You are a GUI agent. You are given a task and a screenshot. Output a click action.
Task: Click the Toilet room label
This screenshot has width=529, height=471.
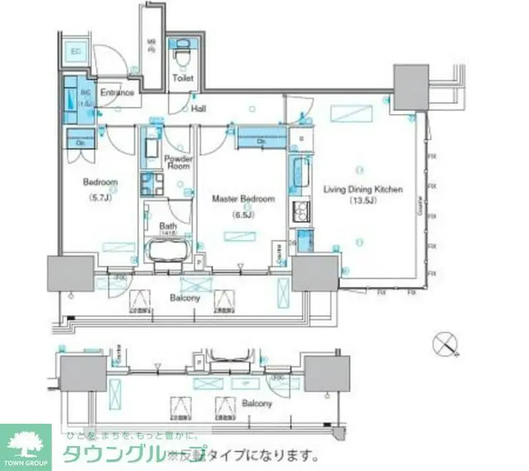(184, 78)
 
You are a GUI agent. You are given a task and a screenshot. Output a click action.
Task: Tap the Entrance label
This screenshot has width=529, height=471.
(117, 93)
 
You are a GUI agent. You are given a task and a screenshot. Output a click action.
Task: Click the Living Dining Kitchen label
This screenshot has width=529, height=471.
(364, 190)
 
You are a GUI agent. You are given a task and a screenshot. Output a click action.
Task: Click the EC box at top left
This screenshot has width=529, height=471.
(76, 51)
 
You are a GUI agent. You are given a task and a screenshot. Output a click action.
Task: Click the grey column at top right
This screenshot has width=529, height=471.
(412, 86)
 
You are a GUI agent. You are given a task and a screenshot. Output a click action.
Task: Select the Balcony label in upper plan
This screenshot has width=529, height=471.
(184, 298)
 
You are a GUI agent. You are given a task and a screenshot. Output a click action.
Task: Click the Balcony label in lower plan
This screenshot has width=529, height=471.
(257, 404)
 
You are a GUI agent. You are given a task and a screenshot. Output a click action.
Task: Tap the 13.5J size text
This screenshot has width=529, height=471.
(364, 200)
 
